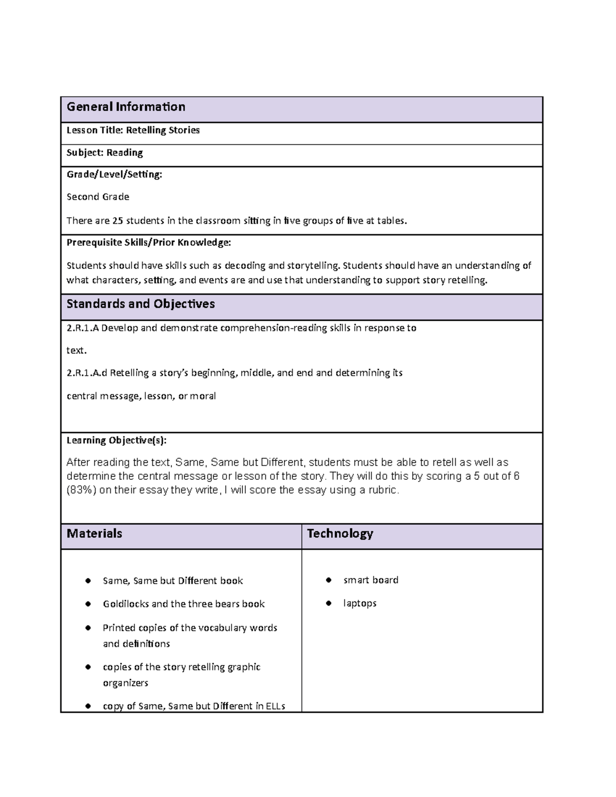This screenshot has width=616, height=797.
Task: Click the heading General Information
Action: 126,107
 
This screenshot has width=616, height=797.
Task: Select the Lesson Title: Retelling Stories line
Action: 133,130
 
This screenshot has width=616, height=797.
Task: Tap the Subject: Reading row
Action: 105,152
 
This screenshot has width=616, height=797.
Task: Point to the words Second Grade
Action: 98,197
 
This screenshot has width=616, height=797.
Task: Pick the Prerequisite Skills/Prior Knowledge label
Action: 149,242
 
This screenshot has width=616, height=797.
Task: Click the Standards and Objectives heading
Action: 141,304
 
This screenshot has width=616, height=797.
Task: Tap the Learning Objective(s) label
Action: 117,440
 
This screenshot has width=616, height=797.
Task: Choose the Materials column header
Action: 94,534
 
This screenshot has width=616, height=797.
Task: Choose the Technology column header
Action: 340,534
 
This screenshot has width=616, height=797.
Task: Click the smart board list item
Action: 371,580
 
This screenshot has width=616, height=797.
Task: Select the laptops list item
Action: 360,604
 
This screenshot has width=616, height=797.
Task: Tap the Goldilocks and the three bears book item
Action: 184,604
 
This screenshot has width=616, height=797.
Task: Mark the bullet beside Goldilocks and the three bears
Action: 88,604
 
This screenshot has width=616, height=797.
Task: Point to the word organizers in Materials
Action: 125,683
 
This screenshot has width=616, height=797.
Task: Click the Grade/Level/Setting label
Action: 114,174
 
